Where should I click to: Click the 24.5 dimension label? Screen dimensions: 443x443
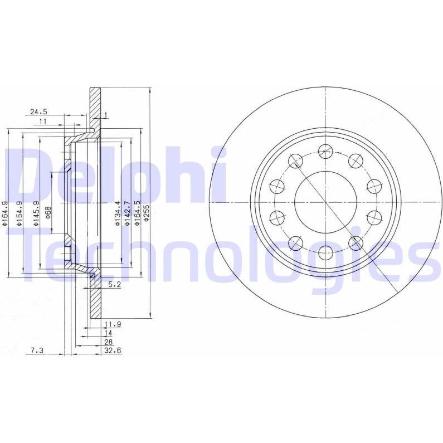[39, 112]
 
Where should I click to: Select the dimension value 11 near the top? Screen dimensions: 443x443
[43, 121]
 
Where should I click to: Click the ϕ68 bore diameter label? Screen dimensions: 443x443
[48, 212]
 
